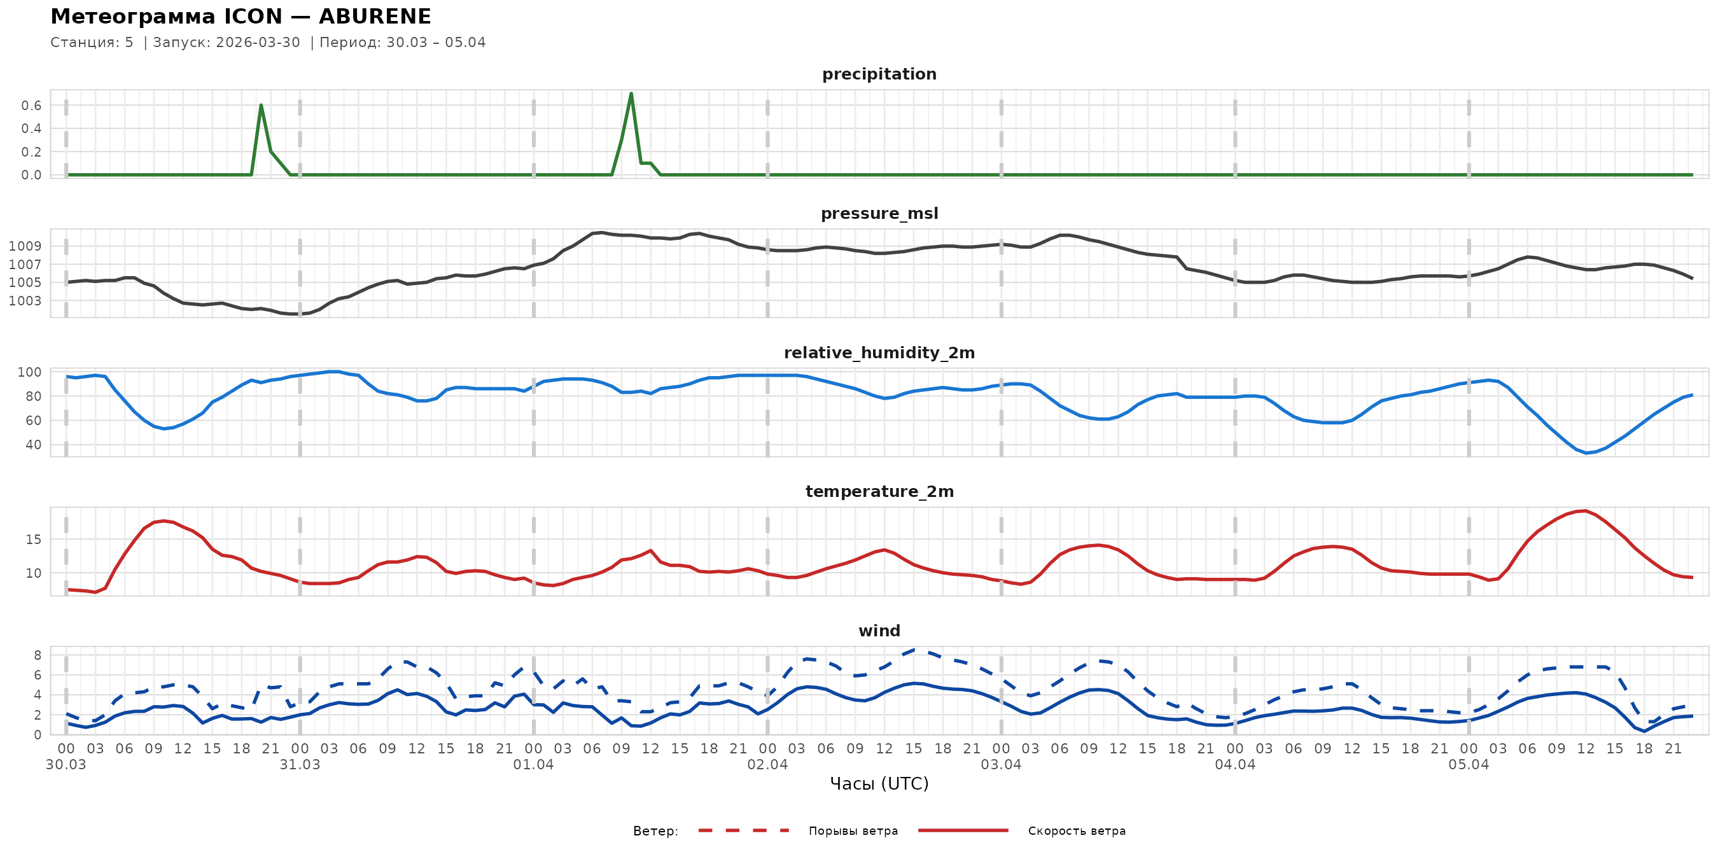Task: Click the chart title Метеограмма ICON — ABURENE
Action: click(x=241, y=17)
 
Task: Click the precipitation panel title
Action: click(x=879, y=74)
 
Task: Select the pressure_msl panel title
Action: click(x=879, y=213)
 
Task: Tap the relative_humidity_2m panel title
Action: click(x=879, y=353)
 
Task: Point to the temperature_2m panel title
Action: click(x=879, y=491)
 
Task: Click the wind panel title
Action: click(x=879, y=631)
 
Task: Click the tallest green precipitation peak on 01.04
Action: click(x=631, y=94)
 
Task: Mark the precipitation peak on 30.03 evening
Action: click(x=261, y=106)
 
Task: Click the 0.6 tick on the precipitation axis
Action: click(x=31, y=106)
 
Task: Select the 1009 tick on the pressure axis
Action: click(x=25, y=246)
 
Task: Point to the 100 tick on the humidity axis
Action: click(x=29, y=372)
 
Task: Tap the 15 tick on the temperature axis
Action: click(x=33, y=540)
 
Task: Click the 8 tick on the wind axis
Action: click(x=38, y=655)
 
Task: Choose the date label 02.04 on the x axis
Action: click(x=767, y=764)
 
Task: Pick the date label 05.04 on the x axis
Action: click(x=1469, y=764)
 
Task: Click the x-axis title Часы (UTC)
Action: click(x=879, y=784)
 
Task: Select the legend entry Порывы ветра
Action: click(x=853, y=831)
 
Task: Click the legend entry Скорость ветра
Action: click(x=1077, y=831)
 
